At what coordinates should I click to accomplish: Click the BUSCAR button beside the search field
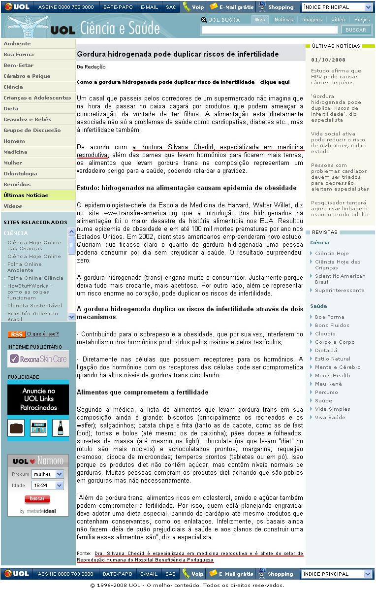[x=356, y=30]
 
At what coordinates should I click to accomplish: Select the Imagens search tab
[x=312, y=20]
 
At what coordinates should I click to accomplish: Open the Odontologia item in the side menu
[x=20, y=174]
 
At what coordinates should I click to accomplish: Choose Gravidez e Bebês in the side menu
[x=28, y=120]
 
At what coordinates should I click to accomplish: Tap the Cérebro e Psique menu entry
[x=27, y=76]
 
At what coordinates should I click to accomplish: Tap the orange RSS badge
[x=16, y=334]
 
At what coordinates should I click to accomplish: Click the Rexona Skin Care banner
[x=38, y=359]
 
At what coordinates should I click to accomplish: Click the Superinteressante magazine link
[x=340, y=291]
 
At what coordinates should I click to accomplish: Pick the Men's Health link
[x=332, y=376]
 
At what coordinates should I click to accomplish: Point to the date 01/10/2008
[x=325, y=60]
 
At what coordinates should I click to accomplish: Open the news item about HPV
[x=336, y=77]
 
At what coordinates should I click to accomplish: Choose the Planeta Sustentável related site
[x=34, y=306]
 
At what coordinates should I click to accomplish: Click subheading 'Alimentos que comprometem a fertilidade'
[x=143, y=393]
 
